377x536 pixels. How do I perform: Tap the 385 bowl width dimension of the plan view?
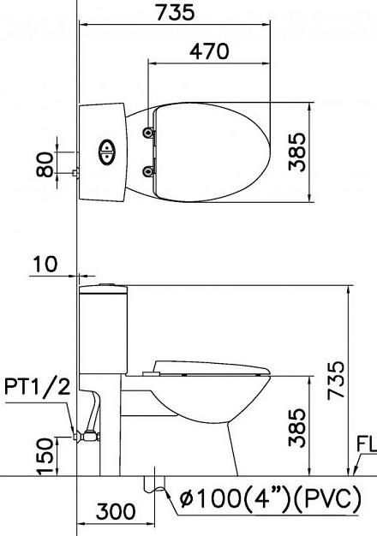pos(296,152)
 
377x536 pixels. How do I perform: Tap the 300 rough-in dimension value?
pos(116,512)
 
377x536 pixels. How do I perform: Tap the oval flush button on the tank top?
pos(106,152)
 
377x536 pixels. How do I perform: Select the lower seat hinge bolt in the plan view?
pos(151,172)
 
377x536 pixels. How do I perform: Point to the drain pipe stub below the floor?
pos(155,485)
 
